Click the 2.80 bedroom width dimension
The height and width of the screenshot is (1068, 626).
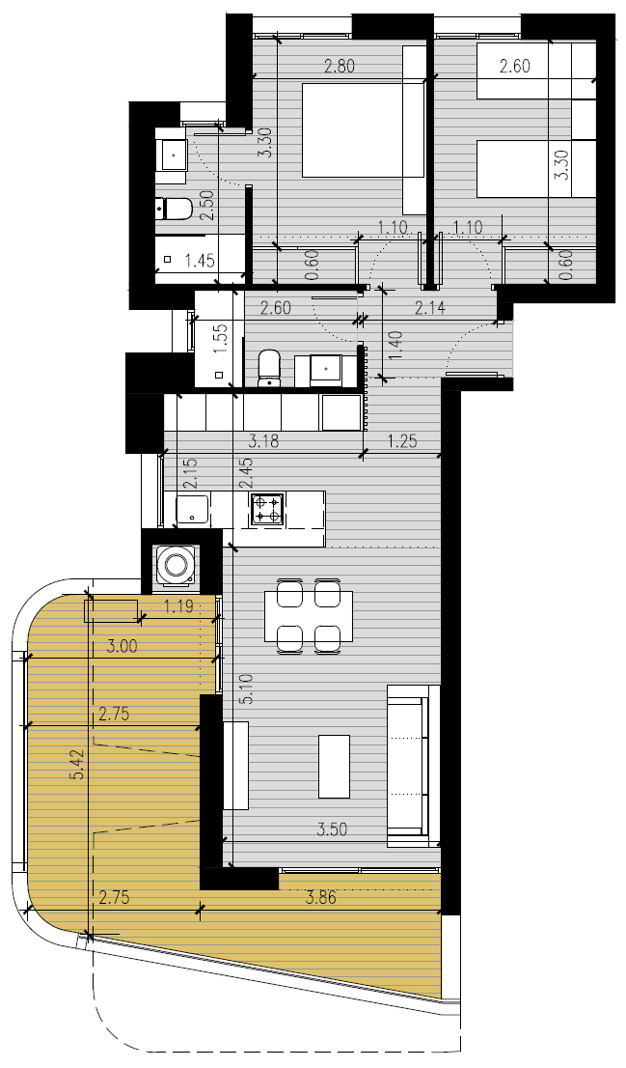tap(340, 67)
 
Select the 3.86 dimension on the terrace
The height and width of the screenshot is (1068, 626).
tap(321, 898)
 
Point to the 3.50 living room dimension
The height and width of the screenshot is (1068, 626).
tap(332, 829)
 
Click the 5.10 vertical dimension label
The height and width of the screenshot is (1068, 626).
tap(248, 688)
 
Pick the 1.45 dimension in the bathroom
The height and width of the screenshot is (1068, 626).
tap(200, 260)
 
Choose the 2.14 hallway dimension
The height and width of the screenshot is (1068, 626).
tap(430, 309)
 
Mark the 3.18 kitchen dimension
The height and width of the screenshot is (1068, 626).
tap(262, 441)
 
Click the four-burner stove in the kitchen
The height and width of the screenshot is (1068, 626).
tap(267, 509)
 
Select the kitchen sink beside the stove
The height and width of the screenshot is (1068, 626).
tap(193, 509)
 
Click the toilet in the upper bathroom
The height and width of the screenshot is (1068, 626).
tap(175, 209)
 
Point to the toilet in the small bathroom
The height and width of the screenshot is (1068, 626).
tap(270, 369)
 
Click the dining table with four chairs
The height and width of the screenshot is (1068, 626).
tap(309, 616)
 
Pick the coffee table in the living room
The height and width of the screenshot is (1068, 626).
tap(334, 767)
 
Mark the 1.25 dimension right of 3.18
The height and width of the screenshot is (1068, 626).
tap(402, 441)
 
